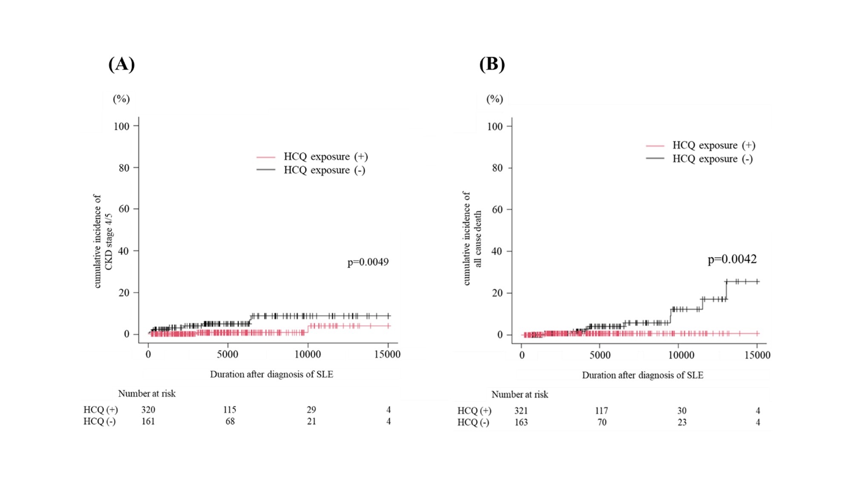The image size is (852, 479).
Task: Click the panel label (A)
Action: (x=121, y=64)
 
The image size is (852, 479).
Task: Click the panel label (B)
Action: (x=492, y=64)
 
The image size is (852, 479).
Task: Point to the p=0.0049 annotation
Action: (x=368, y=262)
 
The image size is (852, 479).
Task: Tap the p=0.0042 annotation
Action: (x=732, y=259)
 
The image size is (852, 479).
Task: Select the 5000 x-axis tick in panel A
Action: (x=227, y=354)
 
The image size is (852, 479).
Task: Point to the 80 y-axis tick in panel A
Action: (x=124, y=168)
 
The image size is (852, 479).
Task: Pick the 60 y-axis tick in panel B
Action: (x=497, y=209)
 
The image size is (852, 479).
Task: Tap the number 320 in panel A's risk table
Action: (x=148, y=410)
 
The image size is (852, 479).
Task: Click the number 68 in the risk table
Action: (x=230, y=421)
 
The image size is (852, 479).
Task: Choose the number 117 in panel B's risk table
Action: (x=602, y=410)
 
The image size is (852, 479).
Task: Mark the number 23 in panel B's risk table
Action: (x=682, y=422)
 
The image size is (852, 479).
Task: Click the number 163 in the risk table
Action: (x=521, y=422)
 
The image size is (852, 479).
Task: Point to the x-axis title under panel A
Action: (x=271, y=374)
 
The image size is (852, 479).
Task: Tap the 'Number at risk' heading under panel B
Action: (x=520, y=394)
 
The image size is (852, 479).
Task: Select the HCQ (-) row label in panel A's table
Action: (x=99, y=421)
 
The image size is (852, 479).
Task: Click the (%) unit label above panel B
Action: (x=495, y=99)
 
